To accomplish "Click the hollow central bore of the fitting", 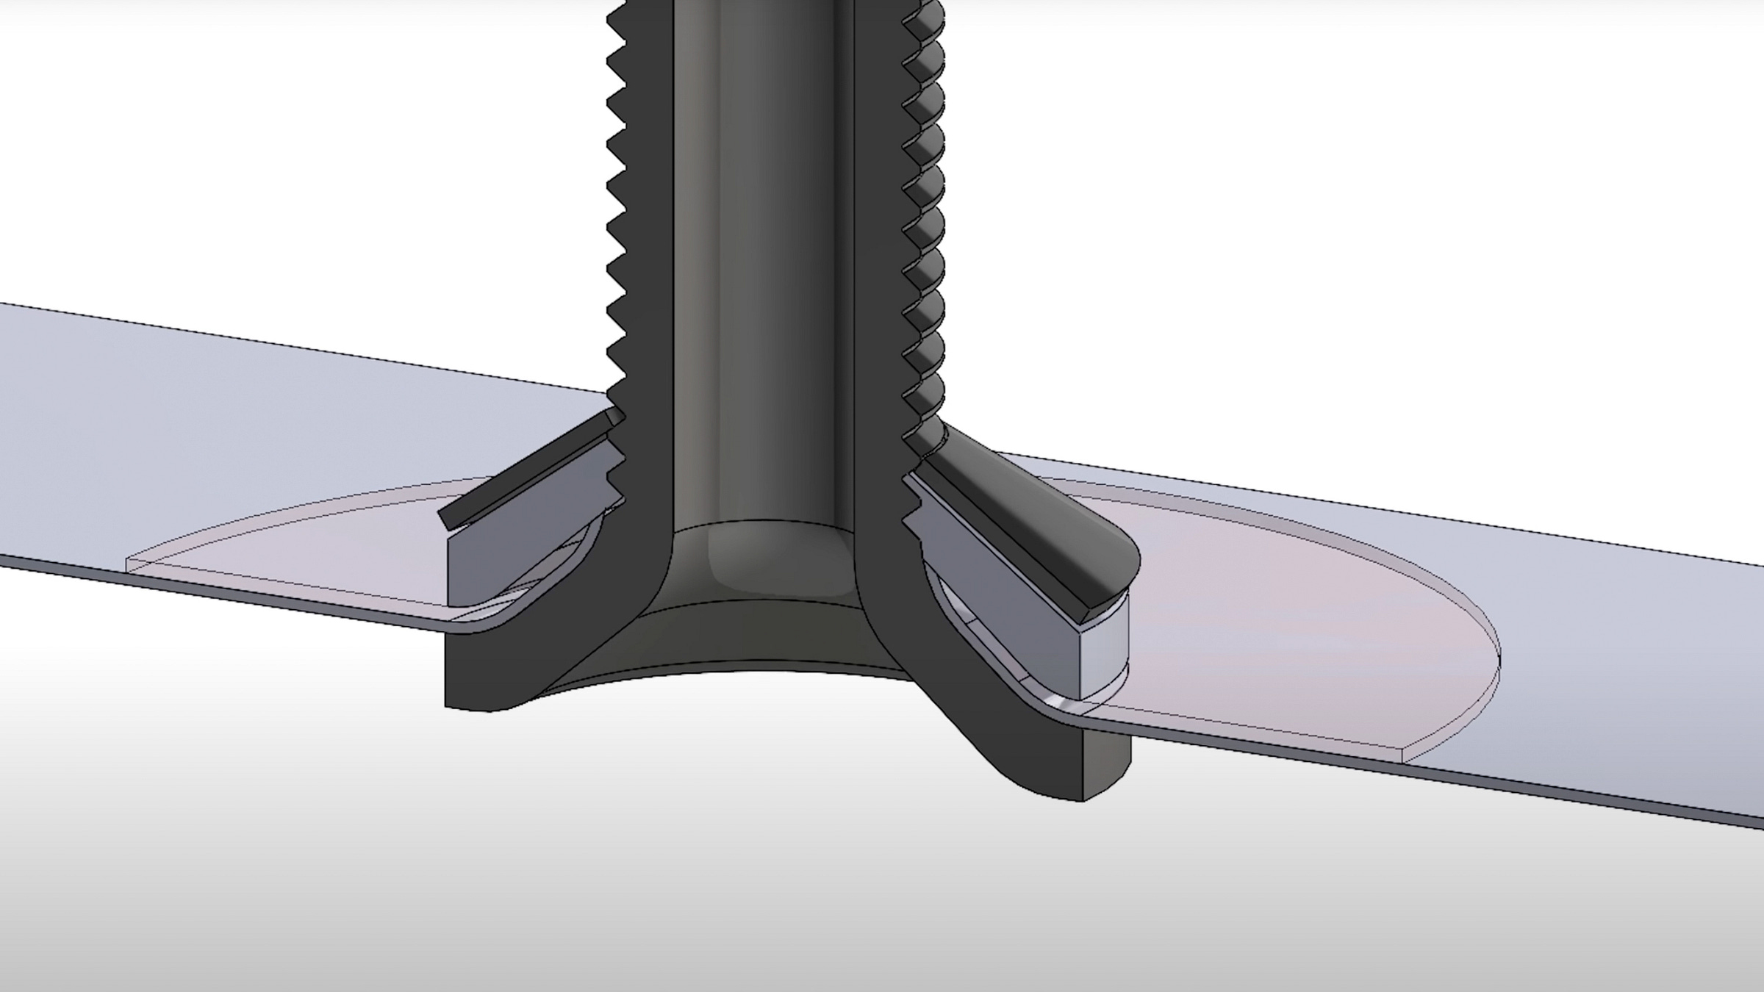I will (x=764, y=257).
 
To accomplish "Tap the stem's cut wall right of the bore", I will (x=878, y=294).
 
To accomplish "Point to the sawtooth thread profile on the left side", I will (x=616, y=220).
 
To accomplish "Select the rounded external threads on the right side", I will (x=928, y=220).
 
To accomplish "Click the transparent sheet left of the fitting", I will (x=220, y=411).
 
